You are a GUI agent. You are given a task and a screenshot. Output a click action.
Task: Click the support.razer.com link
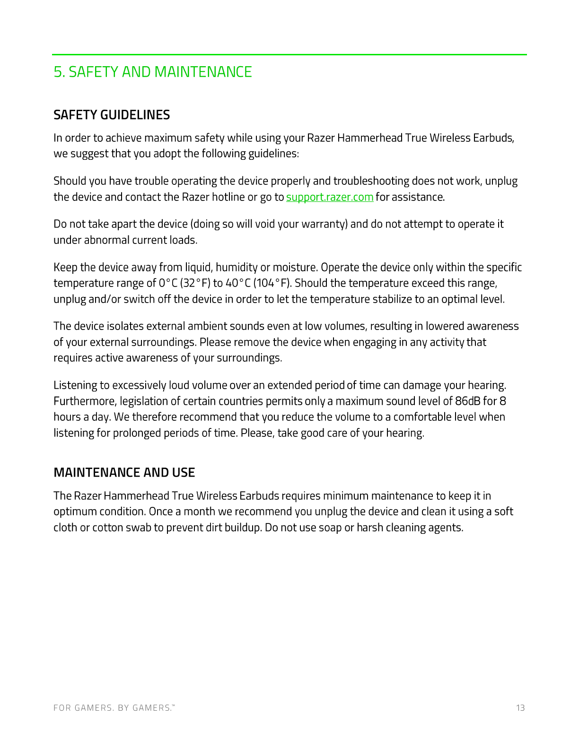pyautogui.click(x=330, y=197)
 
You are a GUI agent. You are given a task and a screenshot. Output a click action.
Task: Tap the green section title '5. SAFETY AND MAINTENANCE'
pyautogui.click(x=152, y=72)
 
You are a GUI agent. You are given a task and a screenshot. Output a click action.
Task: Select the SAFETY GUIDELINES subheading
pyautogui.click(x=112, y=115)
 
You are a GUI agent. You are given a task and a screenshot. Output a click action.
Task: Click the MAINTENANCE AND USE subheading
pyautogui.click(x=124, y=472)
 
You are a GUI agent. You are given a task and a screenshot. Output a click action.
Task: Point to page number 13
pyautogui.click(x=520, y=708)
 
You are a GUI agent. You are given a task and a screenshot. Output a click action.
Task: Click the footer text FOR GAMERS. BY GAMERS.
pyautogui.click(x=114, y=708)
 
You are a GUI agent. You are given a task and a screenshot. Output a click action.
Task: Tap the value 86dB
pyautogui.click(x=467, y=401)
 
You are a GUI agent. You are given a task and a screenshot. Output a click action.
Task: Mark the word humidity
pyautogui.click(x=236, y=268)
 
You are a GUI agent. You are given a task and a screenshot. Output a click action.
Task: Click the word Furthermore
pyautogui.click(x=85, y=401)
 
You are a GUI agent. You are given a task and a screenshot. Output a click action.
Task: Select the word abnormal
pyautogui.click(x=106, y=240)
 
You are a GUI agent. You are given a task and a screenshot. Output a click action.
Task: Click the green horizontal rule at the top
pyautogui.click(x=289, y=55)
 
